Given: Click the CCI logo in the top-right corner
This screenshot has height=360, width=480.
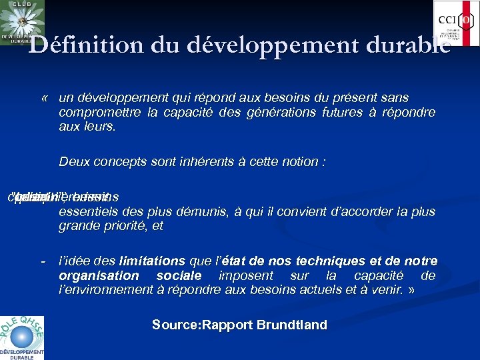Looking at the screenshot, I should point(456,23).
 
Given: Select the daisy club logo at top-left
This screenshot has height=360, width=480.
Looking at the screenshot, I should point(23,22).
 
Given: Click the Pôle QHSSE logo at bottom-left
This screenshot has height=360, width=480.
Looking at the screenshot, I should point(22,337).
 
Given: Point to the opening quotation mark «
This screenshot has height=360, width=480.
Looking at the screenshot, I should point(45,98).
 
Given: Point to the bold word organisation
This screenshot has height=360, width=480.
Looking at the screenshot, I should point(99,275).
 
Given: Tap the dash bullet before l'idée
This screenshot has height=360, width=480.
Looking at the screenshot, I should point(44,261).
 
